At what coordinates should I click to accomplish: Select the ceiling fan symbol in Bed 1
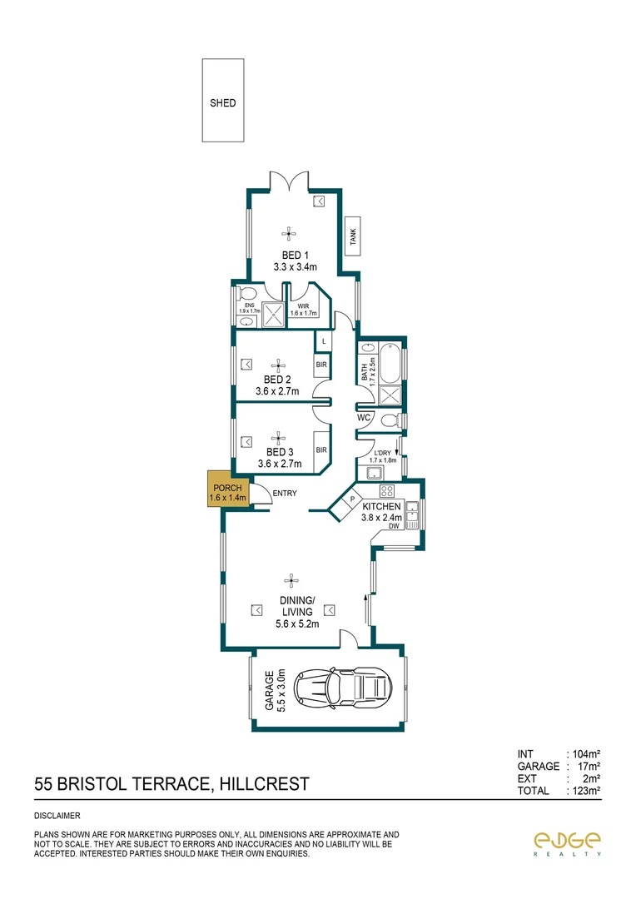[289, 233]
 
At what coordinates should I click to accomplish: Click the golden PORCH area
[227, 492]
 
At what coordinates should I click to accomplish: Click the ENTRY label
[284, 494]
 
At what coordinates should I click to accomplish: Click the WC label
[364, 418]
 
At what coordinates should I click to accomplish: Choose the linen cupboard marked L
[323, 342]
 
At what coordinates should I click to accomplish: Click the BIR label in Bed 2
[321, 365]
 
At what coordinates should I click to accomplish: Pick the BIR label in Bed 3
[321, 449]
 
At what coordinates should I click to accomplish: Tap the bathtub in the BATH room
[390, 364]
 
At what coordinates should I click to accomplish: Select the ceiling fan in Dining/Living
[291, 579]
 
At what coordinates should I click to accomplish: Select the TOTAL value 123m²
[583, 791]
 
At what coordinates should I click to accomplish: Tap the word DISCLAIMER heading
[57, 816]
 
